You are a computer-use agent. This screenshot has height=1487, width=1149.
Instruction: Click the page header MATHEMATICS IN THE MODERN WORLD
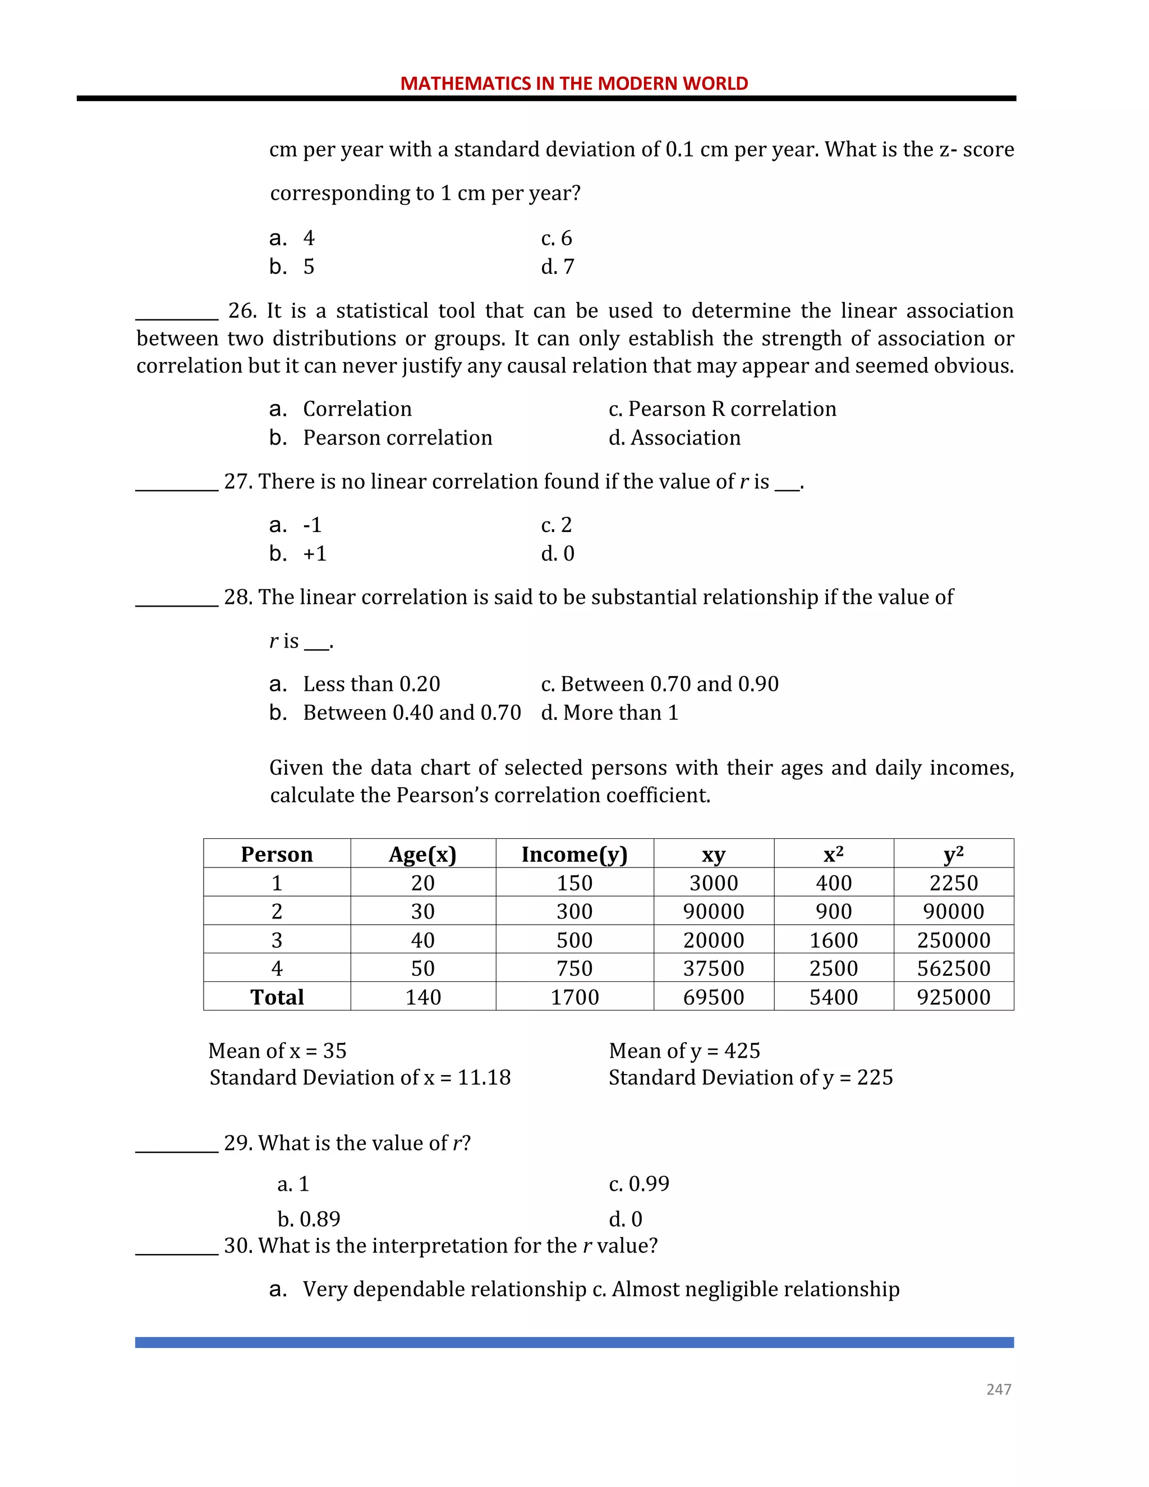574,84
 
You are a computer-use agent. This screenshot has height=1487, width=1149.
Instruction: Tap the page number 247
999,1389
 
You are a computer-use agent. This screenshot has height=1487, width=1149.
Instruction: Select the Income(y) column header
574,854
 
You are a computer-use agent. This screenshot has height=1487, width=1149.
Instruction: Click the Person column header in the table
277,854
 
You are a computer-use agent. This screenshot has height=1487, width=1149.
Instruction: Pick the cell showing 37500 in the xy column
714,968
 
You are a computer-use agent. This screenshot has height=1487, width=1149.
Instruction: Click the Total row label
277,997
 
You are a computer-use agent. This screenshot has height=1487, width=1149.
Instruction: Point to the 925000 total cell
953,997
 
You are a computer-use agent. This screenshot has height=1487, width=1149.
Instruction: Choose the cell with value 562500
953,968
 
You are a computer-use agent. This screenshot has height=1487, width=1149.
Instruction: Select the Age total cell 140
422,997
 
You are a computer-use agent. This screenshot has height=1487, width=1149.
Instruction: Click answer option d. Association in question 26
674,438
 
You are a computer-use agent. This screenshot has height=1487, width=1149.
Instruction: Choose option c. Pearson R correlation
721,409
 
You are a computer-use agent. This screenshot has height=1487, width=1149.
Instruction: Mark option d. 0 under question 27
558,553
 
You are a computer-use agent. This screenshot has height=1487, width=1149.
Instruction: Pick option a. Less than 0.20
355,683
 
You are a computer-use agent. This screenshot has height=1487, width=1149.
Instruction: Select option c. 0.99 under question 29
638,1184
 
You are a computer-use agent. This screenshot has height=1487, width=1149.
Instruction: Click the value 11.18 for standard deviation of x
484,1078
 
